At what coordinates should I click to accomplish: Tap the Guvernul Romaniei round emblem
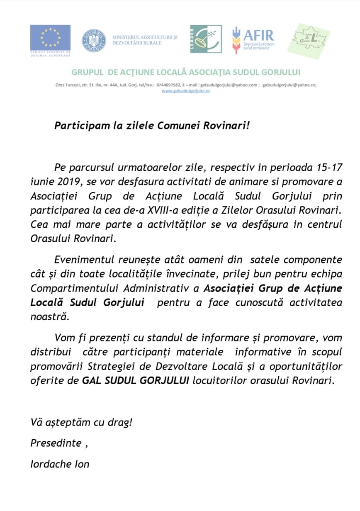(x=93, y=41)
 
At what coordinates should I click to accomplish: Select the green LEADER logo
(x=206, y=39)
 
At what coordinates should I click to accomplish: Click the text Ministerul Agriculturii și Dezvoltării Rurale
(x=145, y=40)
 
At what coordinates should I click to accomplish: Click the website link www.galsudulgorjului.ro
(x=185, y=91)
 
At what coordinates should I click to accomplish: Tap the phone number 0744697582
(x=168, y=85)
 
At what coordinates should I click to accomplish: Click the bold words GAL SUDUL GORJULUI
(x=136, y=380)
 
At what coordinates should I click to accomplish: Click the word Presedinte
(x=56, y=443)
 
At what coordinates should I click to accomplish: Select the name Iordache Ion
(x=60, y=464)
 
